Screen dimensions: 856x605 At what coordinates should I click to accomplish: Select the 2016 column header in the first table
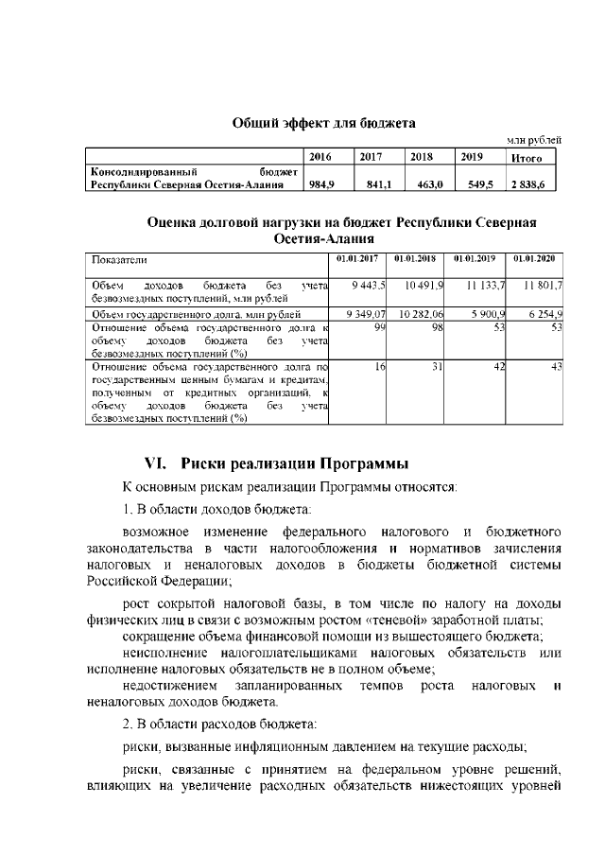click(x=321, y=157)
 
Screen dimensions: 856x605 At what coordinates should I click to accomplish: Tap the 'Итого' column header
click(x=526, y=158)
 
